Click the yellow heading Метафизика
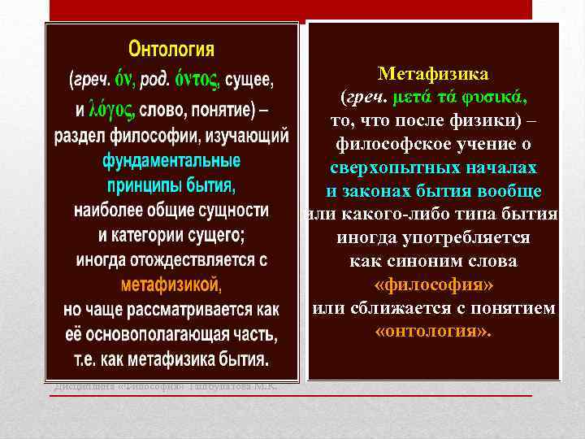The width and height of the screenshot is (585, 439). tap(434, 75)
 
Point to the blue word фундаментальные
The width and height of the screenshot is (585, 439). tap(171, 160)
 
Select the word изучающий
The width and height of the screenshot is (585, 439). tap(249, 135)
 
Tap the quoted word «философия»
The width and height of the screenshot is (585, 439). tap(434, 285)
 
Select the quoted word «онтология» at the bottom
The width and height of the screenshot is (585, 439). tap(434, 333)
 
